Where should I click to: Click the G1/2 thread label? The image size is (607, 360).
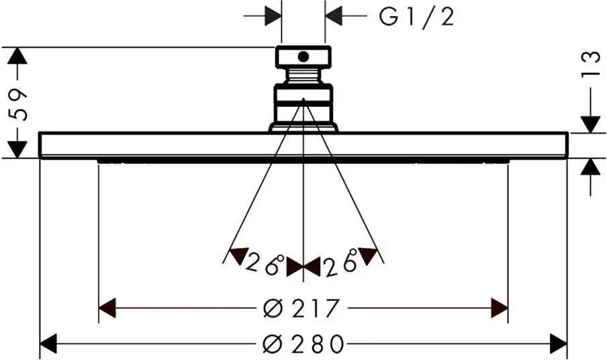[x=416, y=17]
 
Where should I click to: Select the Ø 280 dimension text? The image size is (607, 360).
[x=303, y=344]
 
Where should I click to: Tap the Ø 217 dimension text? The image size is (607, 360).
[x=301, y=308]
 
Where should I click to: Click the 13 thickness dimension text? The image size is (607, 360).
[x=591, y=64]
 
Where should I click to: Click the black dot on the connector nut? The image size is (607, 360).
[x=303, y=56]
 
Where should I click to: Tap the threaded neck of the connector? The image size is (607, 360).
[x=303, y=75]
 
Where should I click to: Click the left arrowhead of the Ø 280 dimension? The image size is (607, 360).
[x=48, y=343]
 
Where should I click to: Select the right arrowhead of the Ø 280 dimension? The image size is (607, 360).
[x=559, y=343]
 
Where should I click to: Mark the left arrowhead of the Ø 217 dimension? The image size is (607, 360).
[x=107, y=308]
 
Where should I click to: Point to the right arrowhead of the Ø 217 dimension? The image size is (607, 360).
[x=500, y=308]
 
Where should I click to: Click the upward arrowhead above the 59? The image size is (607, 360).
[x=17, y=56]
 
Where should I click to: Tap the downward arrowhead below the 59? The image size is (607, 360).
[x=17, y=149]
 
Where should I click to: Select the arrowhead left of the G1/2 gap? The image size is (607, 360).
[x=273, y=16]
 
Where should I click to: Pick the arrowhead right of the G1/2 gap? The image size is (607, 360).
[x=333, y=16]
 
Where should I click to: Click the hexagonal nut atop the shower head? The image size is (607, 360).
[x=303, y=57]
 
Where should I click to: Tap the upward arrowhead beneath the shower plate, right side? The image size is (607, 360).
[x=591, y=167]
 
